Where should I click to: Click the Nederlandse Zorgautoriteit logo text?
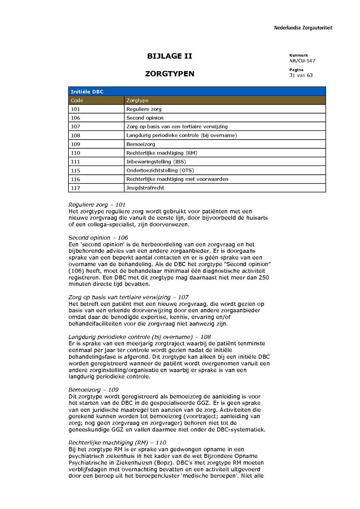click(303, 28)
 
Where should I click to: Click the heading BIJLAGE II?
click(170, 56)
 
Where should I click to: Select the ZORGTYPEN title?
click(170, 74)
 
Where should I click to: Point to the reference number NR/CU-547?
click(302, 61)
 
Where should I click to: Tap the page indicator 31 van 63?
click(301, 75)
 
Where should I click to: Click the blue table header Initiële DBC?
click(87, 92)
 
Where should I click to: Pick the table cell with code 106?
click(76, 118)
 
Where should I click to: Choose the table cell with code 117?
click(76, 188)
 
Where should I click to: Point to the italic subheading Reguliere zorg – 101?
click(97, 205)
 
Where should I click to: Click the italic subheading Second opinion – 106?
click(98, 238)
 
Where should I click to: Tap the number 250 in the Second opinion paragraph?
click(264, 278)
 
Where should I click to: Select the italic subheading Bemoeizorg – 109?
click(94, 390)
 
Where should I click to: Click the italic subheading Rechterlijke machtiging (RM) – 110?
click(117, 443)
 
